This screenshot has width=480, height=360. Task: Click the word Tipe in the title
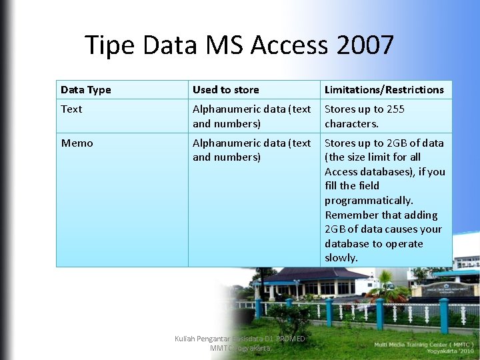110,46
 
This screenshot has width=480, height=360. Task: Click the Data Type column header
86,90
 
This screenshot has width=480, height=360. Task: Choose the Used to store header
226,90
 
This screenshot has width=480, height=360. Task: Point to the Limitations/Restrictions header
384,90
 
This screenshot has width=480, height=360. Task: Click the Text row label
71,109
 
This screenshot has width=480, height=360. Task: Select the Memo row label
77,143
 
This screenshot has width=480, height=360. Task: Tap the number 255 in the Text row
395,109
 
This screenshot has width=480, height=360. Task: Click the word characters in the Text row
351,124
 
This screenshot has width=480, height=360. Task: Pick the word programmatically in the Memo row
369,201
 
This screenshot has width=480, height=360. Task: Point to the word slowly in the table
341,258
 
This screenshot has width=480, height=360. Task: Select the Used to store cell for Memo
251,150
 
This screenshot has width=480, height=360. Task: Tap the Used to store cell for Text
251,117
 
